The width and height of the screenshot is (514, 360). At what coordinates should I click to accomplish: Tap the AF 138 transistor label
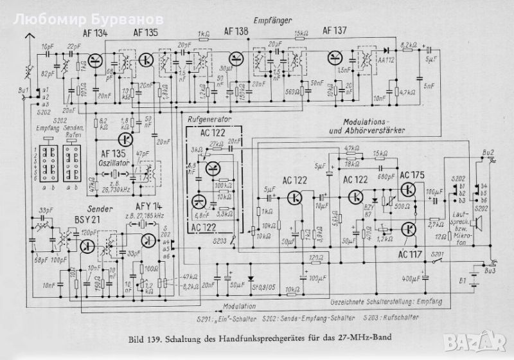[236, 30]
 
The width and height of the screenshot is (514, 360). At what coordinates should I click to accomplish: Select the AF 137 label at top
[335, 30]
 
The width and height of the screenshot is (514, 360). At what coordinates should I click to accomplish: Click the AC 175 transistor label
[412, 175]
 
